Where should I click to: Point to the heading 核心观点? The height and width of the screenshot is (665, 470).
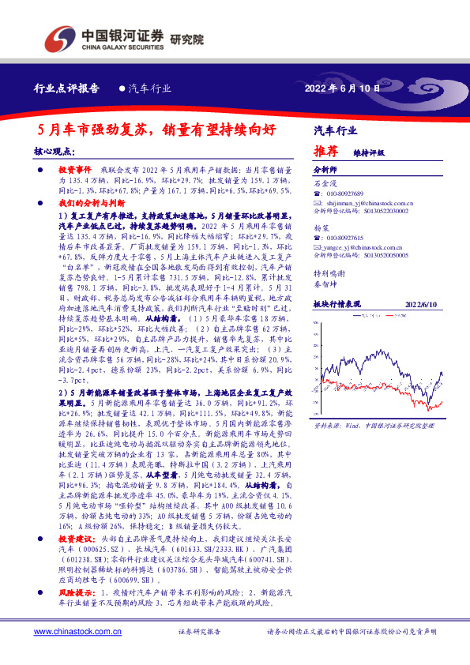click(x=55, y=150)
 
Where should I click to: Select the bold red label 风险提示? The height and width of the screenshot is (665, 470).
click(x=75, y=591)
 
